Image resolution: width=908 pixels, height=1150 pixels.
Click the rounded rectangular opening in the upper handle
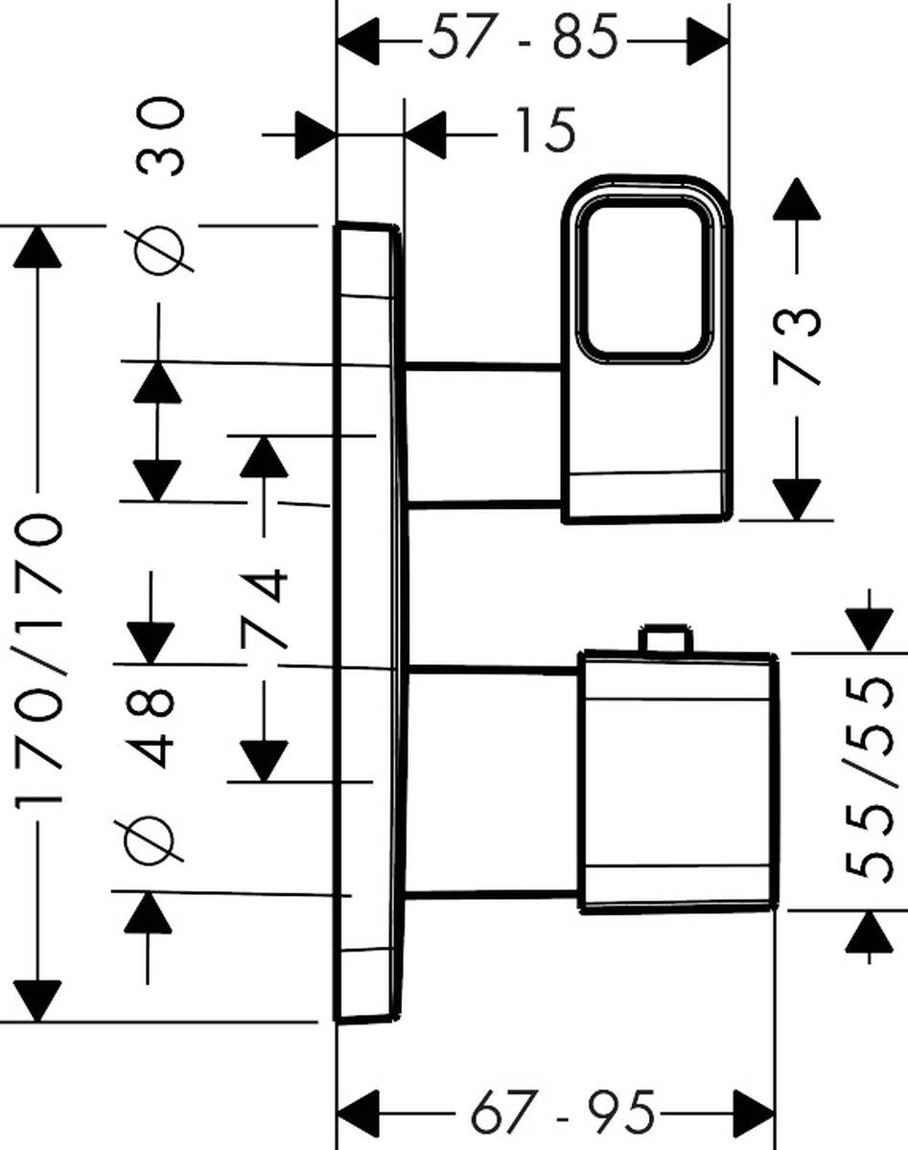(x=643, y=281)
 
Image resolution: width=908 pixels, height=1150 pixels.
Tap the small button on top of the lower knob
(x=664, y=638)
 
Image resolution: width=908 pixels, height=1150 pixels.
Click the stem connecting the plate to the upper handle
(x=484, y=434)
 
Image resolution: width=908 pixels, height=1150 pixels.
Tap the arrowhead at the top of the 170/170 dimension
(x=38, y=247)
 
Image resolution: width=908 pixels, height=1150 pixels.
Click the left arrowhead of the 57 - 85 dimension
(x=361, y=41)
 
